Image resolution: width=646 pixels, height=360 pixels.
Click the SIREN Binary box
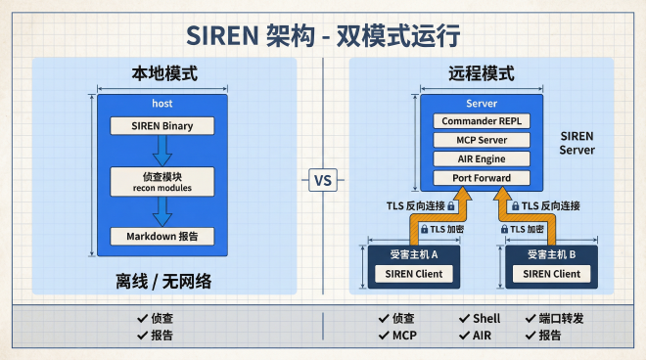[161, 125]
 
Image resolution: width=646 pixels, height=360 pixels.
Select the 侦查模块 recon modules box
[161, 181]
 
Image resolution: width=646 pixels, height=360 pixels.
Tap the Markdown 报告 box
[161, 236]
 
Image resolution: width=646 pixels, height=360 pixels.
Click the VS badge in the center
[323, 180]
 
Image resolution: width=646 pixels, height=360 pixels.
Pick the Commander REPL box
[482, 121]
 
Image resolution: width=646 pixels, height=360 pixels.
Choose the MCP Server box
[482, 140]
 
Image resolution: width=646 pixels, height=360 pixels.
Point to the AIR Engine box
[482, 158]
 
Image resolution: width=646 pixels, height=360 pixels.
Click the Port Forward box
[482, 178]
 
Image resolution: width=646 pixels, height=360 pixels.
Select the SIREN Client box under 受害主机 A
[413, 274]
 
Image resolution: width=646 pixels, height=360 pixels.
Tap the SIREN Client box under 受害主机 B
[551, 274]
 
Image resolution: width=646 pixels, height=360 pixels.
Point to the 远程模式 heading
[481, 73]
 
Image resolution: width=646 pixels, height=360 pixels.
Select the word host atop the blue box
[161, 103]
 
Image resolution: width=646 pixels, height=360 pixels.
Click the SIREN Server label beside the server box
[577, 143]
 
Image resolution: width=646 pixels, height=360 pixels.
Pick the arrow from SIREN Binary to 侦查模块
[161, 150]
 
